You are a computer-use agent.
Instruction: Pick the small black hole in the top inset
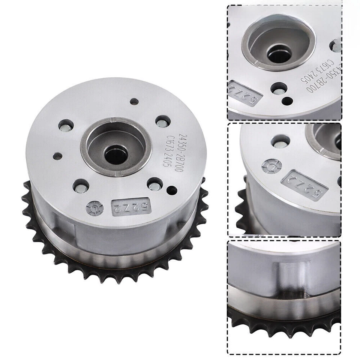pos(288,100)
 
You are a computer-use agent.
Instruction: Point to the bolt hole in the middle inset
pos(280,141)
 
